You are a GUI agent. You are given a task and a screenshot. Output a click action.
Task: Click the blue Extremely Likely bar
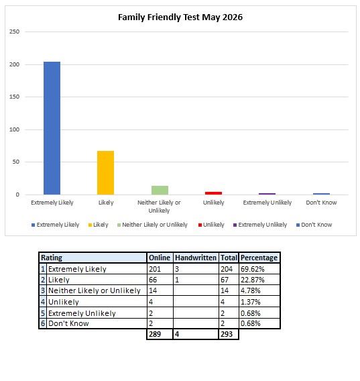(52, 128)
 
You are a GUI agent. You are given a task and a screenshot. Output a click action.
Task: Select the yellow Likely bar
(105, 173)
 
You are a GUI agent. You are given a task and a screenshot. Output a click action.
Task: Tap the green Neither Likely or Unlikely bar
(160, 190)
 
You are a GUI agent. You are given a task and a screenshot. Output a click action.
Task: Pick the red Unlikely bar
(214, 193)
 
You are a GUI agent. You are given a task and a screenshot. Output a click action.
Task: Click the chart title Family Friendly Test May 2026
(180, 17)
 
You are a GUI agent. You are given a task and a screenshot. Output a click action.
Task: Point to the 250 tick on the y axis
(14, 32)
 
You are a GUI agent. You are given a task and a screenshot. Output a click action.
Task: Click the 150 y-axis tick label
(14, 97)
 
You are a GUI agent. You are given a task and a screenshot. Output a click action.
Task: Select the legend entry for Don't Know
(314, 225)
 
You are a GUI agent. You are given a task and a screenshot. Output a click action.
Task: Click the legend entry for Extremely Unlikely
(260, 225)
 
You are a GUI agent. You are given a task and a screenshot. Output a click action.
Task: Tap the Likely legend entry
(98, 225)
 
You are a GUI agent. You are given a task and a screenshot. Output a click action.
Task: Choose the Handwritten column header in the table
(196, 258)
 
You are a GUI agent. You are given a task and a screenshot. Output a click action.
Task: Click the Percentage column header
(259, 258)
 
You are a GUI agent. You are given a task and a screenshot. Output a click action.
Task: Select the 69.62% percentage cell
(252, 269)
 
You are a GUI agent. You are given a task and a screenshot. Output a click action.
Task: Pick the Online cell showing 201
(155, 269)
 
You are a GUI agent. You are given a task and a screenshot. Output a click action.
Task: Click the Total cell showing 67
(225, 280)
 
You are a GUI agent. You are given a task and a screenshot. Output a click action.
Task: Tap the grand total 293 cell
(227, 334)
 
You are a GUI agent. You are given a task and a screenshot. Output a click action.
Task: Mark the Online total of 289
(155, 334)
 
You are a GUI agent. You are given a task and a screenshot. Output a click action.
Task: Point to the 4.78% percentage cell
(251, 290)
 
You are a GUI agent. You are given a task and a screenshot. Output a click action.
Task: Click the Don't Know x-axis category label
(321, 203)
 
